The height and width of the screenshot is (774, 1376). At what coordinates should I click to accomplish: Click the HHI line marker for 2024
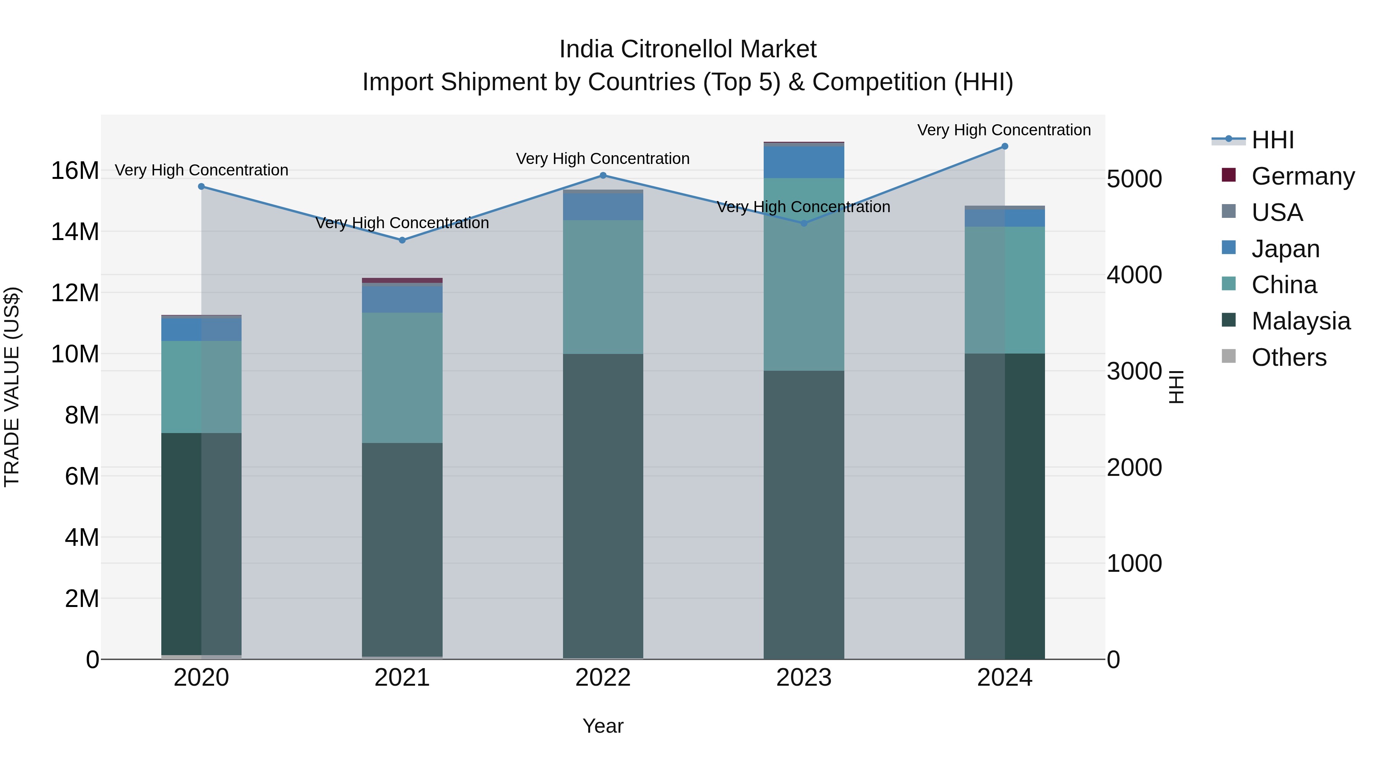pos(1004,146)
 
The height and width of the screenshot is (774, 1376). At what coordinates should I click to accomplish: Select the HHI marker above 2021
pos(402,240)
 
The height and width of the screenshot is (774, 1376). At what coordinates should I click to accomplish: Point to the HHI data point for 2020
pos(201,187)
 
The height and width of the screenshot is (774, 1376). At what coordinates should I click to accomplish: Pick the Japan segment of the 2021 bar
pos(402,300)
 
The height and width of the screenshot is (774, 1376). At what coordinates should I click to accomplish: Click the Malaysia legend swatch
pos(1228,321)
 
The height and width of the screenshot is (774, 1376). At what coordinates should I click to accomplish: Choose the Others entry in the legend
pos(1288,357)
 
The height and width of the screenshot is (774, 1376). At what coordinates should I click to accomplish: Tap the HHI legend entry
pos(1271,140)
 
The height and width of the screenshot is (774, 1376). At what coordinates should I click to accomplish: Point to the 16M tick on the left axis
pos(75,171)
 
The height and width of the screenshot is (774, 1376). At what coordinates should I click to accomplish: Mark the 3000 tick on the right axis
pos(1134,371)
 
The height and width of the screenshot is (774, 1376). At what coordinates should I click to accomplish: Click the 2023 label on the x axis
pos(803,678)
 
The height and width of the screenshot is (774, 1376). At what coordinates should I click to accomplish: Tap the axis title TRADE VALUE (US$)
pos(12,387)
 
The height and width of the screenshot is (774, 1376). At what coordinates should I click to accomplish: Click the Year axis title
pos(603,726)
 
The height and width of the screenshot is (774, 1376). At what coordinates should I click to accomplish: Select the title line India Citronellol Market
pos(688,50)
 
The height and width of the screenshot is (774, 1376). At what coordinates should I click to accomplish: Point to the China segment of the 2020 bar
pos(201,387)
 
